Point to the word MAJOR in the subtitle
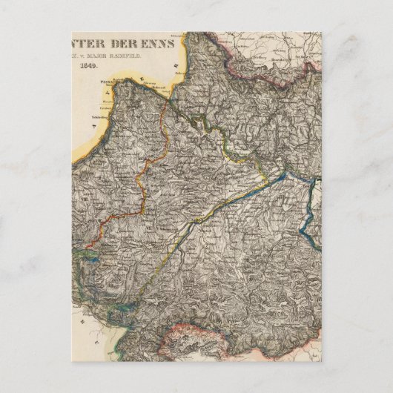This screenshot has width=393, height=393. coord(118,54)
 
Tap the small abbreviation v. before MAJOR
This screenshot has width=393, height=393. coord(100,54)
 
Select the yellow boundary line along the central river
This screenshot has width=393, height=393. coord(222,200)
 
